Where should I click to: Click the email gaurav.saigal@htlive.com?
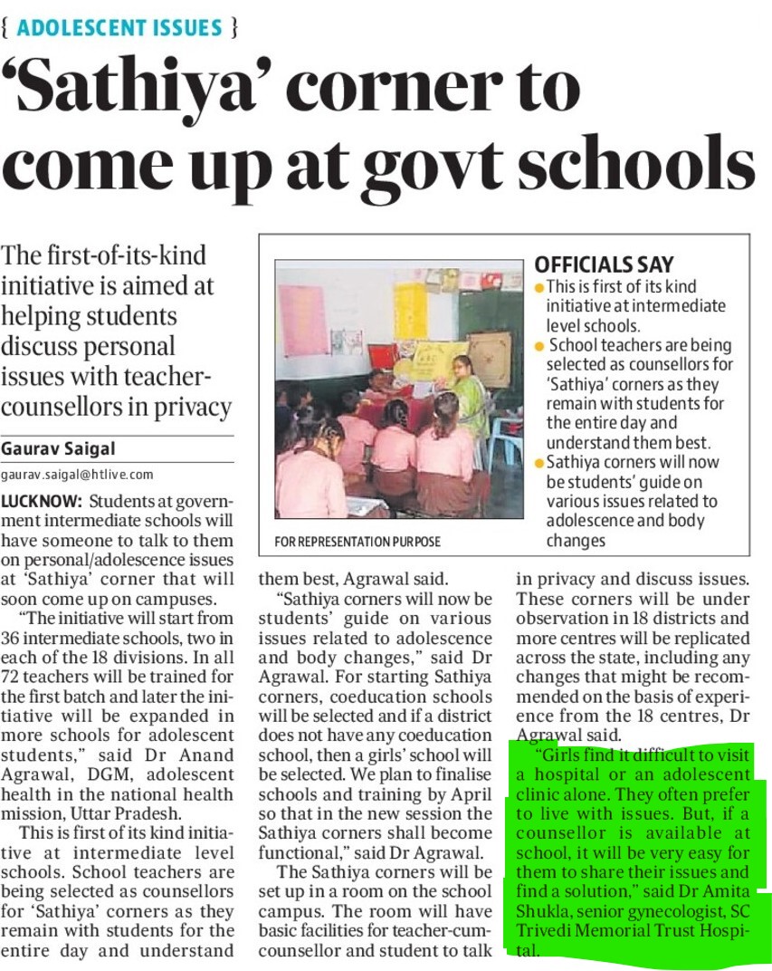(x=77, y=474)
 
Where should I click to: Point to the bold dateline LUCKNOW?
(x=42, y=501)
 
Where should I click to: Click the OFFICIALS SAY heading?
(x=604, y=264)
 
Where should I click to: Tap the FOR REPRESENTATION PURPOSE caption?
(x=357, y=542)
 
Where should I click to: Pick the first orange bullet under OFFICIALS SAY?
(x=539, y=287)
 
